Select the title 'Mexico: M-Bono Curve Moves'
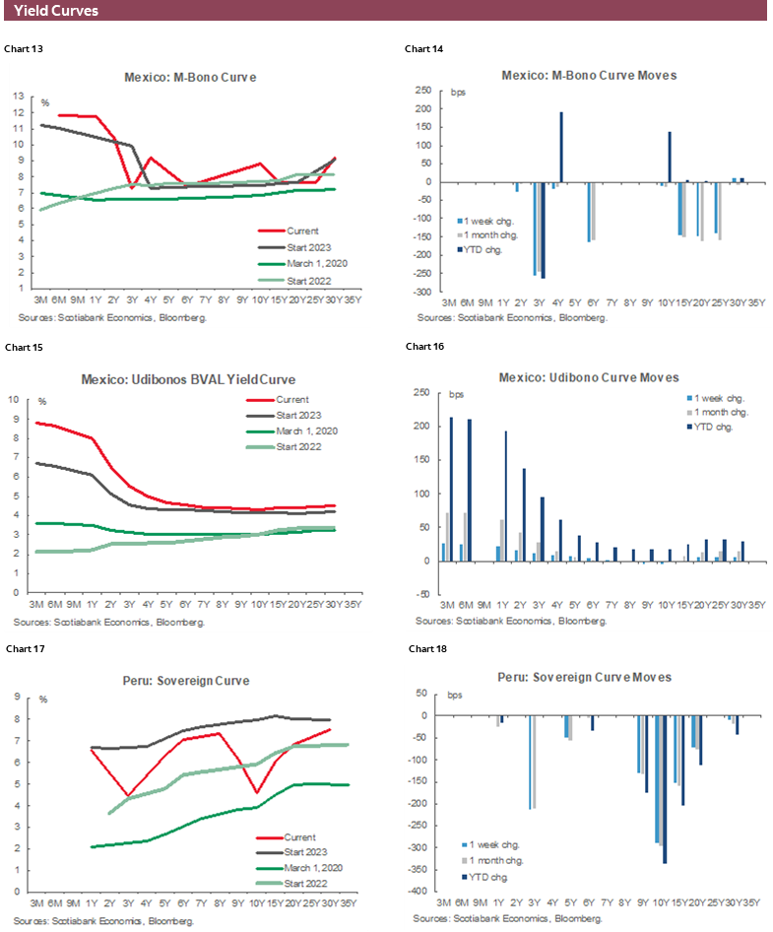588,76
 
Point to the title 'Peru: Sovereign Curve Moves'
588,678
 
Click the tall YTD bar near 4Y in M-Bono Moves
561,147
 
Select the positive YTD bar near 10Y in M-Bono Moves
670,157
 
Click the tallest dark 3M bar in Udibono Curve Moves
452,489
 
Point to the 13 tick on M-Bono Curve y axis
19,97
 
